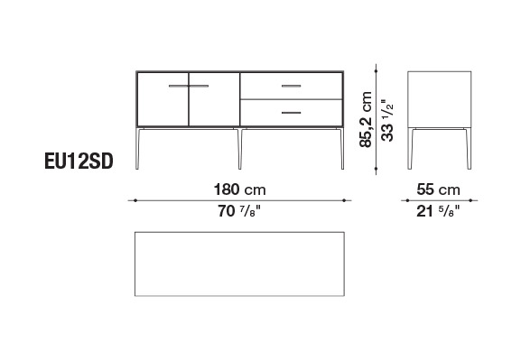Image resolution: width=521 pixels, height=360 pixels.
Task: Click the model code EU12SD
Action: (79, 162)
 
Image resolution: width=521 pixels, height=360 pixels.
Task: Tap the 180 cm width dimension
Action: (239, 189)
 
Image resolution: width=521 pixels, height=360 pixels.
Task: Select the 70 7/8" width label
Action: (239, 211)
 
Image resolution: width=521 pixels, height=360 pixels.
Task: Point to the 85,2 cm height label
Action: (366, 119)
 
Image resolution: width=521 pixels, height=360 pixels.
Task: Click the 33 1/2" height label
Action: (387, 120)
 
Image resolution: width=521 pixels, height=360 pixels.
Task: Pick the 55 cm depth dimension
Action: (438, 189)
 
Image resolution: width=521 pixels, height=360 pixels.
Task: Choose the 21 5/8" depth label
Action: (438, 211)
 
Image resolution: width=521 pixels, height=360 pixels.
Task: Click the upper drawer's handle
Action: (291, 86)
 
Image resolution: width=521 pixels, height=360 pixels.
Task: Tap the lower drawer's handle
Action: (291, 113)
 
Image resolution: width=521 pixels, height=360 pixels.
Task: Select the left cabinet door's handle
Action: (179, 86)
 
